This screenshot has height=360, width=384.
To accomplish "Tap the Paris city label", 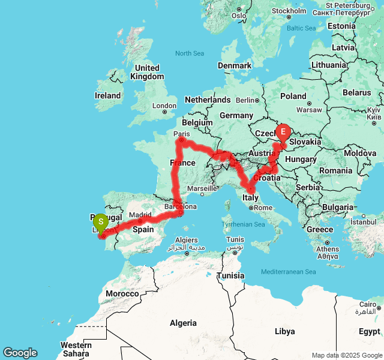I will pos(181,134).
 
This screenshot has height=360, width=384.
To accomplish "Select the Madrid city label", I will pos(140,215).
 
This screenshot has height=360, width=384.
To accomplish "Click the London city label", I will pos(164,106).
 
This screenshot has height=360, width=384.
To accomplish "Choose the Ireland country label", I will pos(108,95).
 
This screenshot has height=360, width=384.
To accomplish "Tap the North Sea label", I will pos(190,53).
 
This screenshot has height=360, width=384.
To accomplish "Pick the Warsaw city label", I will pos(310,110).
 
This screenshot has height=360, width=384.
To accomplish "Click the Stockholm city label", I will pos(289,11).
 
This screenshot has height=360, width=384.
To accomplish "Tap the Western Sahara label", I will pos(76,349).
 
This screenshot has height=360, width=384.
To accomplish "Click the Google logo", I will pos(20,353).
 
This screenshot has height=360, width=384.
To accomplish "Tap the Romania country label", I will pos(335,171).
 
